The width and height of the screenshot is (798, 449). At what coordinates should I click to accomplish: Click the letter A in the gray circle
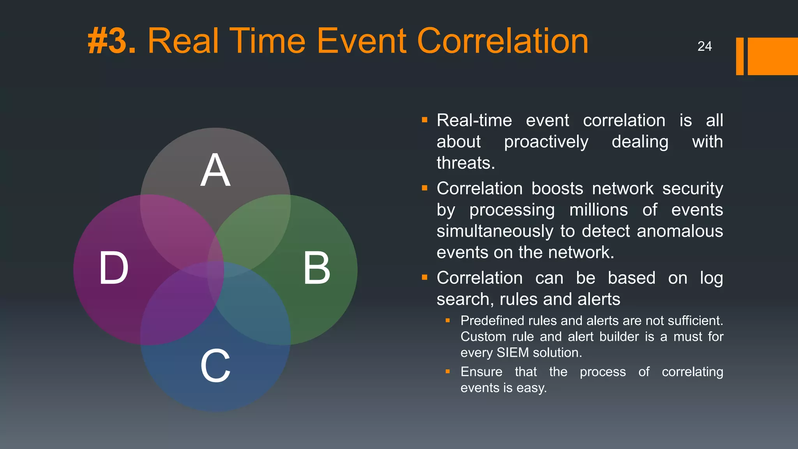[215, 170]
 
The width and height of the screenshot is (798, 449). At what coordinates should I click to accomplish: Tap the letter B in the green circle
[317, 268]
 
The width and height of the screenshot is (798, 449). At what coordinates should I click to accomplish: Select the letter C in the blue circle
[215, 366]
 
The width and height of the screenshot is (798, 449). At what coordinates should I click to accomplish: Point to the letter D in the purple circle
[113, 268]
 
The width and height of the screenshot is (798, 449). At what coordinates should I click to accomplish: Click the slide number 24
[704, 46]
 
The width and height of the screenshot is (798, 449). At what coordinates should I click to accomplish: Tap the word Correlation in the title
[503, 41]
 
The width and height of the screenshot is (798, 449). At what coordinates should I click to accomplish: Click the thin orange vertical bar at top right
[740, 56]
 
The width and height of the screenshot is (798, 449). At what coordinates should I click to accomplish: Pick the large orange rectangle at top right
[773, 56]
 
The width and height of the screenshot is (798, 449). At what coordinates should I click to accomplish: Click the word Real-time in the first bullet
[474, 120]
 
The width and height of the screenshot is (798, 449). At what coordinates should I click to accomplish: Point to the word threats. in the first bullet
[466, 163]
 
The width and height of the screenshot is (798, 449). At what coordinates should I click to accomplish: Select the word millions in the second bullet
[598, 210]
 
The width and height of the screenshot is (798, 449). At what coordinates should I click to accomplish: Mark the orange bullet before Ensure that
[448, 371]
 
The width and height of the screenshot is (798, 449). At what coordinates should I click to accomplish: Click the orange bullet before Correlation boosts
[425, 188]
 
